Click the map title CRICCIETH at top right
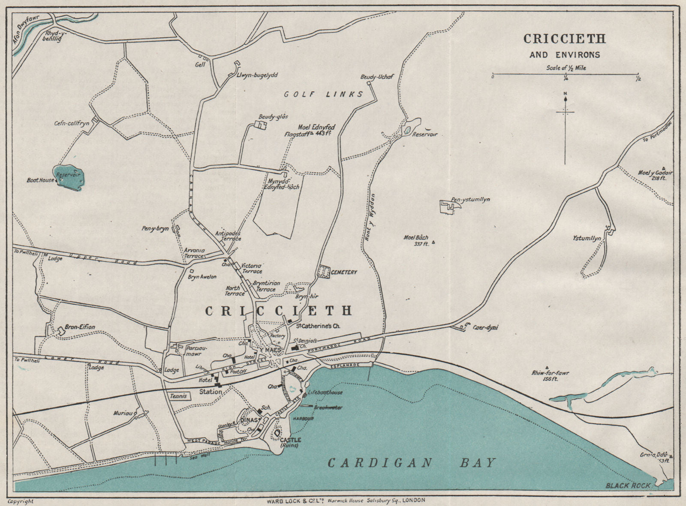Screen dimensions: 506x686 pos(564,39)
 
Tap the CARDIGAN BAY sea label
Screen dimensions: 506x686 pos(411,463)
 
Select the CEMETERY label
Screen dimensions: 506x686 pos(344,272)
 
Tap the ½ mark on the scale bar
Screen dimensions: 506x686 pos(638,78)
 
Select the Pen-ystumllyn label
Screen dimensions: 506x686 pos(470,200)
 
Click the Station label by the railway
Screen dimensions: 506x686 pos(211,392)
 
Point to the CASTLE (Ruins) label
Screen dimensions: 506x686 pos(290,443)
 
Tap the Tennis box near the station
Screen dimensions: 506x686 pos(178,397)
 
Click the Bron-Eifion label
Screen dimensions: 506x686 pos(80,327)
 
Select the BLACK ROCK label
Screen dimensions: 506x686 pos(628,485)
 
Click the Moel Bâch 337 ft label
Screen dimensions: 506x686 pos(416,240)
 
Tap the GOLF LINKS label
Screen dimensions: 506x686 pos(324,94)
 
